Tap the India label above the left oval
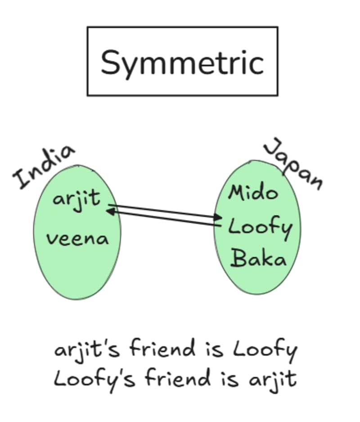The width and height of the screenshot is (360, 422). [44, 166]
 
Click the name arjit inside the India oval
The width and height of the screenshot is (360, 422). [76, 199]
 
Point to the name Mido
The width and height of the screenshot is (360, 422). [253, 193]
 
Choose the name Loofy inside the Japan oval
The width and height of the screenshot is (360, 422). [260, 228]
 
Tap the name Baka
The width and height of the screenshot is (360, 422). [259, 260]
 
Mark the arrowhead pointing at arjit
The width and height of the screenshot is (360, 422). [109, 211]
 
